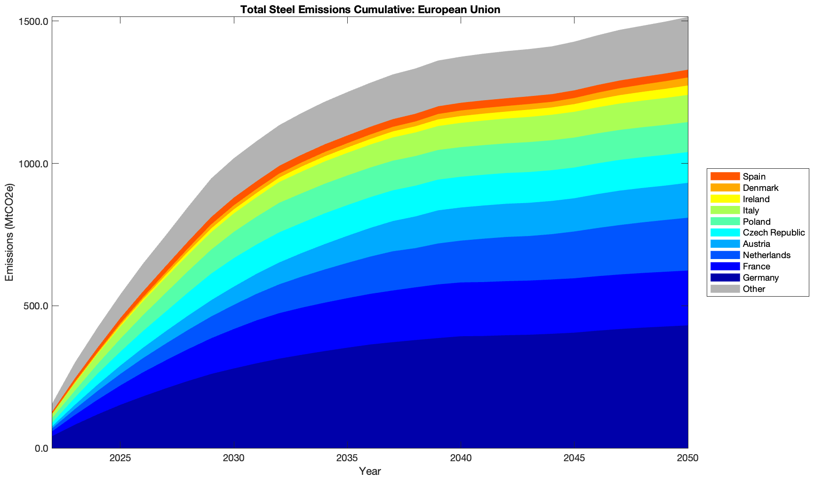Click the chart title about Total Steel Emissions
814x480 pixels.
click(370, 9)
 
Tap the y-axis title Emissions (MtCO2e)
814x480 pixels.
click(9, 232)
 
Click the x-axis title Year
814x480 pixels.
click(370, 471)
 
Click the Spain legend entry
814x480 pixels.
click(754, 177)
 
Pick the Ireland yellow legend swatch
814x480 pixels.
click(725, 199)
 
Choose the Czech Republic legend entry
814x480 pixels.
click(774, 233)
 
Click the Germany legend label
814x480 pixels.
click(760, 278)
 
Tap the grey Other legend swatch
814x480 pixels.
click(725, 289)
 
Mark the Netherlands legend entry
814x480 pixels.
click(766, 255)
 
